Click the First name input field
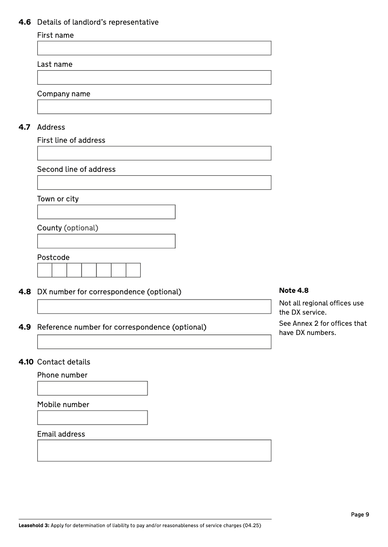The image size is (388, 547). [x=154, y=48]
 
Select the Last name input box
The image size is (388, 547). [x=154, y=77]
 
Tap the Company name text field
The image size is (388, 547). [x=154, y=106]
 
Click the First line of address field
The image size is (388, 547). [x=154, y=153]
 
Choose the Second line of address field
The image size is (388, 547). [x=154, y=182]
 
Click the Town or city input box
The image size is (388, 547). [x=106, y=212]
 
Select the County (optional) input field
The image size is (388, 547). [x=106, y=241]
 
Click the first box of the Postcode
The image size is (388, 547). [x=45, y=270]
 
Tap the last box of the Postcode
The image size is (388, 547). [x=133, y=270]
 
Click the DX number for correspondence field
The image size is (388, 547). [x=154, y=306]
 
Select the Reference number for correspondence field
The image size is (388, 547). [x=154, y=341]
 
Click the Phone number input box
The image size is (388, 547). [x=92, y=388]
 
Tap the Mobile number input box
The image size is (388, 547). [x=92, y=418]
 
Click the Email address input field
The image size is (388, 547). [x=154, y=450]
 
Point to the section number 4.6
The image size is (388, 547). [x=25, y=22]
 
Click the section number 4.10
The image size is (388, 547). [x=26, y=362]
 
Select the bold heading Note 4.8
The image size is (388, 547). [x=293, y=290]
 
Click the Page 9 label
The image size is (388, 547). [x=360, y=515]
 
